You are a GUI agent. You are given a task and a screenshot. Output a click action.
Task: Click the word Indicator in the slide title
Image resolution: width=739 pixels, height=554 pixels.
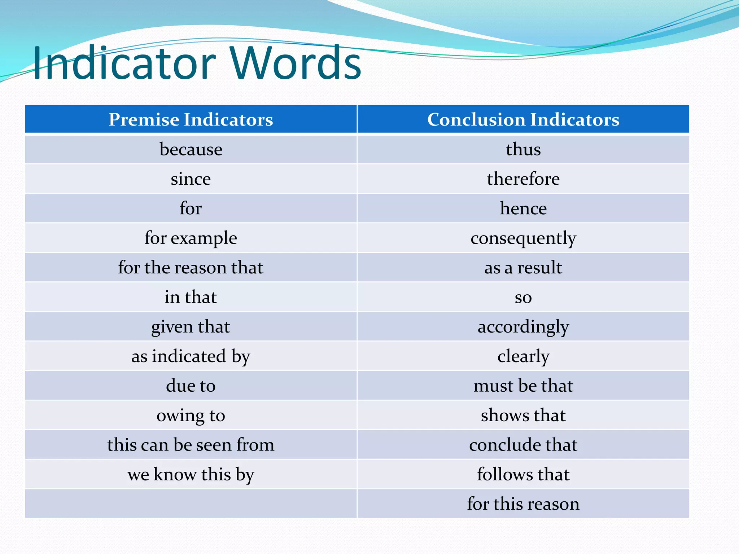pos(124,63)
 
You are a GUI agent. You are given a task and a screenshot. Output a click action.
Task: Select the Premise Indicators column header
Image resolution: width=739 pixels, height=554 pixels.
pos(191,119)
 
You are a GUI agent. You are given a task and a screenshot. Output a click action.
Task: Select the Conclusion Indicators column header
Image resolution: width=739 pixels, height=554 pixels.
pos(523,119)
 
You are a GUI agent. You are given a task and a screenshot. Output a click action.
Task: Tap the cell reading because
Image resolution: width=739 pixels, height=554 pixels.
pos(191,149)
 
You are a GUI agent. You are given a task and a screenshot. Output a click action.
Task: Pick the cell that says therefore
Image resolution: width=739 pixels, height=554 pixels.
pos(523,179)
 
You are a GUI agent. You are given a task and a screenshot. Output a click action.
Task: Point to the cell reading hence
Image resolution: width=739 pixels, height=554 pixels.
pos(523,208)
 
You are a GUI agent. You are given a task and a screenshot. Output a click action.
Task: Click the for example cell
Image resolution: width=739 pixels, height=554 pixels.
pos(191,238)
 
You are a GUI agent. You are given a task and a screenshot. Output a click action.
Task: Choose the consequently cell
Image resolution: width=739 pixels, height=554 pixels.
pos(523,238)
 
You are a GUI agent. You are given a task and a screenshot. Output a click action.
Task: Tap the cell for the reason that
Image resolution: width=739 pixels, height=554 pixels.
pos(191,268)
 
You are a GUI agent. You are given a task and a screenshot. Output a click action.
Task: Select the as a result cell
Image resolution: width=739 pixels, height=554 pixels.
pos(523,268)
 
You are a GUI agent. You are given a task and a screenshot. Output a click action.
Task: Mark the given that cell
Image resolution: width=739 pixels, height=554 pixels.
pos(191,327)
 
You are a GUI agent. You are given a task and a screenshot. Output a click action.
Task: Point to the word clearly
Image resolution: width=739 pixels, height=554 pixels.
pos(523,356)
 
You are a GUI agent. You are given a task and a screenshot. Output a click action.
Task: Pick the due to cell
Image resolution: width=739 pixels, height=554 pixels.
pos(191,386)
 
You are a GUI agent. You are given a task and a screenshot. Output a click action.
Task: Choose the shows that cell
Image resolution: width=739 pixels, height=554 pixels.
pos(523,415)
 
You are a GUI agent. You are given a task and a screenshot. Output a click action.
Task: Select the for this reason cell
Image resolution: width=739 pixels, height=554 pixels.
pos(523,504)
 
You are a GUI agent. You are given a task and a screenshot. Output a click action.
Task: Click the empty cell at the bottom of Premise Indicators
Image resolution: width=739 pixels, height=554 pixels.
pos(191,504)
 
